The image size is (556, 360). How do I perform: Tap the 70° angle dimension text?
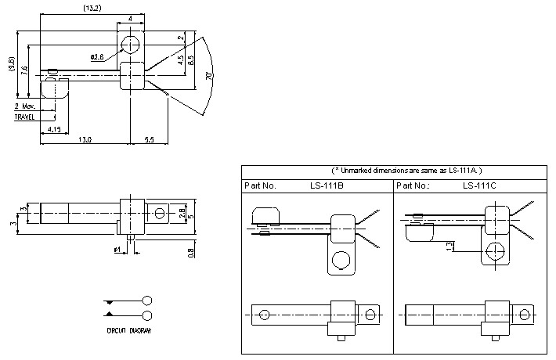(209, 76)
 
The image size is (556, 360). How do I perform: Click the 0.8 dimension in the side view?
(191, 252)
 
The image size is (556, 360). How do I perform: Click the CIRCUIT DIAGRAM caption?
(130, 330)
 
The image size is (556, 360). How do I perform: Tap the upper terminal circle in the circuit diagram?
(147, 301)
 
